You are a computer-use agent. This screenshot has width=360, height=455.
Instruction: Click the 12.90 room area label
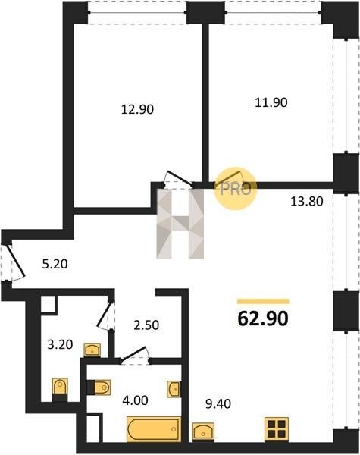[x=137, y=109]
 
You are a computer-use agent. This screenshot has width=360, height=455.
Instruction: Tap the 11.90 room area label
[x=271, y=102]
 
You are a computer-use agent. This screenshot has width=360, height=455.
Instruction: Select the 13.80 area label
[x=307, y=201]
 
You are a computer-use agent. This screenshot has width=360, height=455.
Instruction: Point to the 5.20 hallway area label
[x=55, y=264]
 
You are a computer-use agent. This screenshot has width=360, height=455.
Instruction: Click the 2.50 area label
[x=146, y=325]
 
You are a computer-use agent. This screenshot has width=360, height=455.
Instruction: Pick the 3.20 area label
[x=60, y=345]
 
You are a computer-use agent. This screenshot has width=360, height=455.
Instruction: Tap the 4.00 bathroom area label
[x=135, y=400]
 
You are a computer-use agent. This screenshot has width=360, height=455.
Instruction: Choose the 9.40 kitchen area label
[x=218, y=403]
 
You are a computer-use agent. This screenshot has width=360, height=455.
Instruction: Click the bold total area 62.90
[x=263, y=318]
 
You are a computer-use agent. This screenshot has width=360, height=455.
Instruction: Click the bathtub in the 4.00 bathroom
[x=154, y=429]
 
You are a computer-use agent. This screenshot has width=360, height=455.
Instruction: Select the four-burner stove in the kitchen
[x=277, y=430]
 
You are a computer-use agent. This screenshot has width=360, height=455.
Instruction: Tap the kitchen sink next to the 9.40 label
[x=203, y=432]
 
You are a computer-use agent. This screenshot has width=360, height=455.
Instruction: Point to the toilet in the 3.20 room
[x=60, y=390]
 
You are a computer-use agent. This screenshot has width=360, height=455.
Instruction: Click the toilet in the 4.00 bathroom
[x=99, y=387]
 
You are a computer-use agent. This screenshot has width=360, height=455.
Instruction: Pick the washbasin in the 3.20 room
[x=92, y=350]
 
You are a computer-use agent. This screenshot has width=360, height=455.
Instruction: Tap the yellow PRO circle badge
[x=235, y=188]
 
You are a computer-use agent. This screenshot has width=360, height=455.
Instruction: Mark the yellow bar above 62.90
[x=263, y=301]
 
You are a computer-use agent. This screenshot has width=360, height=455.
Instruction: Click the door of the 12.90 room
[x=179, y=178]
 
